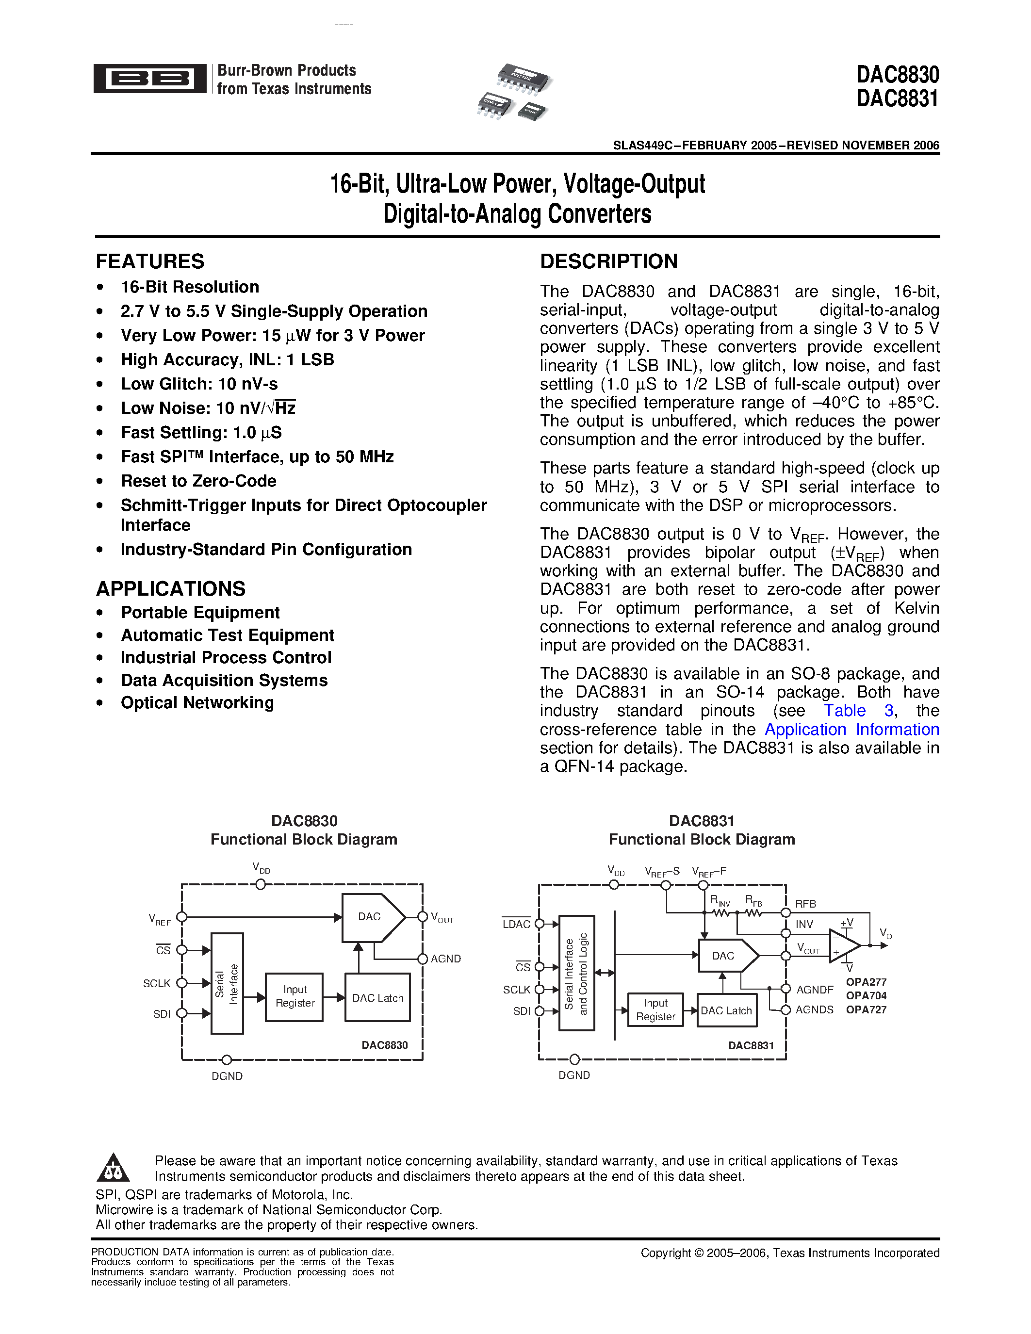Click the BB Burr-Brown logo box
tap(149, 79)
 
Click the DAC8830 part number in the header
tap(897, 75)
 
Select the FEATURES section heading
tap(149, 261)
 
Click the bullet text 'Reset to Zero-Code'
tap(198, 481)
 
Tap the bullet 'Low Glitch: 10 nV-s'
tap(199, 384)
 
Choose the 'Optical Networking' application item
tap(196, 702)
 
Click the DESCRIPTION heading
tap(608, 261)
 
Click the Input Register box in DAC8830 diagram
tap(295, 996)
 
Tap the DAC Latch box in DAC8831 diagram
tap(726, 1010)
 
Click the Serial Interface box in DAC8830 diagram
tap(227, 983)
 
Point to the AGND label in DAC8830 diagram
tap(445, 959)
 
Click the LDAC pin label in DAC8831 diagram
tap(516, 924)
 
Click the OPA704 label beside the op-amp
tap(866, 995)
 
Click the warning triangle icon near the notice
tap(113, 1169)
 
